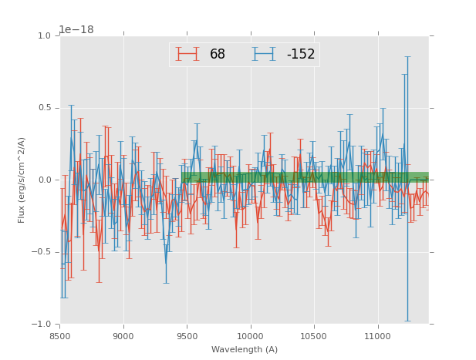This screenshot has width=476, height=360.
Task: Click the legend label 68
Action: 218,54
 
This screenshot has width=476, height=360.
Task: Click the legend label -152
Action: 301,54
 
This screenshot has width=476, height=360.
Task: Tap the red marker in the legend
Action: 187,54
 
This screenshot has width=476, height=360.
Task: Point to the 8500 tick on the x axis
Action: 59,337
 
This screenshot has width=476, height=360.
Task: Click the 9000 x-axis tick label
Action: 123,337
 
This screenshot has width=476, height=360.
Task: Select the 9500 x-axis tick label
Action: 187,337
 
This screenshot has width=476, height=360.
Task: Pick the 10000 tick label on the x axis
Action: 251,337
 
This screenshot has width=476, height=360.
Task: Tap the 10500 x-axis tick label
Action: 314,337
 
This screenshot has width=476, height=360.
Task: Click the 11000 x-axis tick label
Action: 378,337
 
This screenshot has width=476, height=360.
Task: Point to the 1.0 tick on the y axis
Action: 44,36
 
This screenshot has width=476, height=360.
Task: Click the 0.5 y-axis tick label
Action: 44,108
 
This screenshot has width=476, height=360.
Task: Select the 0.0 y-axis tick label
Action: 44,180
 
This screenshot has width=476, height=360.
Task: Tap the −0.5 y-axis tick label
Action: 42,252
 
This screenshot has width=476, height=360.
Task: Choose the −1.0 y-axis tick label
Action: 42,325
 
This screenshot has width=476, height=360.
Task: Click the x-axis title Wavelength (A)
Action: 245,350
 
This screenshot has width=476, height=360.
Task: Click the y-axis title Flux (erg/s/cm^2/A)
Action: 22,180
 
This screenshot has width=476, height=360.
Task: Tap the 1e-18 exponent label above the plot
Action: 76,30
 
